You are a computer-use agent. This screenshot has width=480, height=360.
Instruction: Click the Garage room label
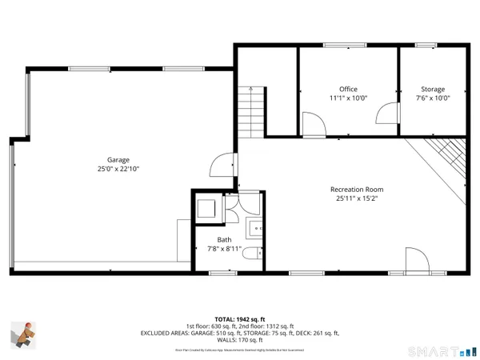[118, 160]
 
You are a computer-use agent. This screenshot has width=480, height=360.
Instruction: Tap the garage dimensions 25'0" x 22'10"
[118, 170]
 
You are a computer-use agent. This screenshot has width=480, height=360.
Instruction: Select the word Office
[348, 90]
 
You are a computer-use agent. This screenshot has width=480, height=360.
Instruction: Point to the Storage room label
[433, 90]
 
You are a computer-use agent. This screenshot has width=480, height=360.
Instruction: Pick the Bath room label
[224, 239]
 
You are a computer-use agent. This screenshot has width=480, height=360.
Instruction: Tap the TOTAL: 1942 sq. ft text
[240, 318]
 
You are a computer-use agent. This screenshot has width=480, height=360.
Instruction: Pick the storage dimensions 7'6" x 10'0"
[433, 99]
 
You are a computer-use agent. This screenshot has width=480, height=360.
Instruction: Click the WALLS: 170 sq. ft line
[240, 340]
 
